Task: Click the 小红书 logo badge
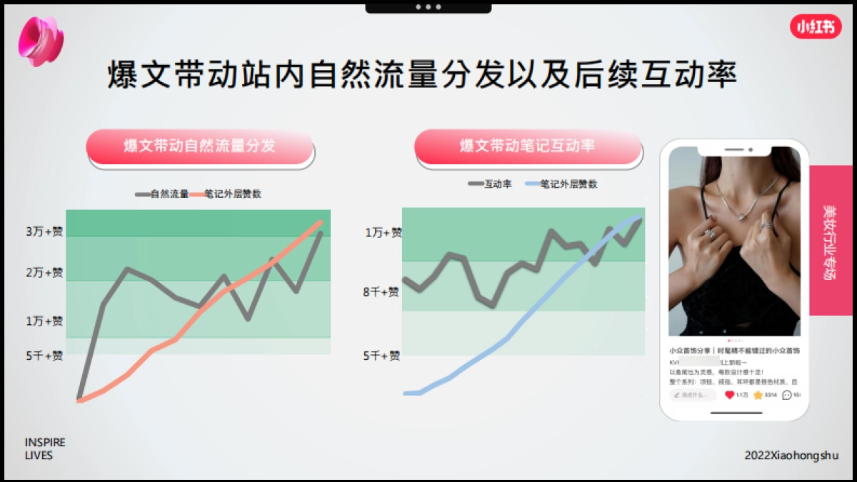pyautogui.click(x=815, y=26)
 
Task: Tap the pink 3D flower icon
pyautogui.click(x=41, y=41)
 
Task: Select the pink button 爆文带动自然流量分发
pyautogui.click(x=199, y=147)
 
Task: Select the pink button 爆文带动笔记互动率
pyautogui.click(x=528, y=147)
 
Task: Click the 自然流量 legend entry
pyautogui.click(x=162, y=194)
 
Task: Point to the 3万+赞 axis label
pyautogui.click(x=44, y=231)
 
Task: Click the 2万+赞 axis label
pyautogui.click(x=44, y=273)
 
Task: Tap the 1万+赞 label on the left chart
pyautogui.click(x=44, y=321)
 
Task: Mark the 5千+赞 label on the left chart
pyautogui.click(x=44, y=356)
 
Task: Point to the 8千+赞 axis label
pyautogui.click(x=381, y=292)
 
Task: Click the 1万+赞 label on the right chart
pyautogui.click(x=384, y=233)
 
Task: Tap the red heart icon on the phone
pyautogui.click(x=729, y=395)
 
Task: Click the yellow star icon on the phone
pyautogui.click(x=758, y=395)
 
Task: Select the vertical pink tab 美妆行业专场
pyautogui.click(x=831, y=240)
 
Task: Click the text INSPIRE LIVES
pyautogui.click(x=44, y=449)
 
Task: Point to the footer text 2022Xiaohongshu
pyautogui.click(x=791, y=456)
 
